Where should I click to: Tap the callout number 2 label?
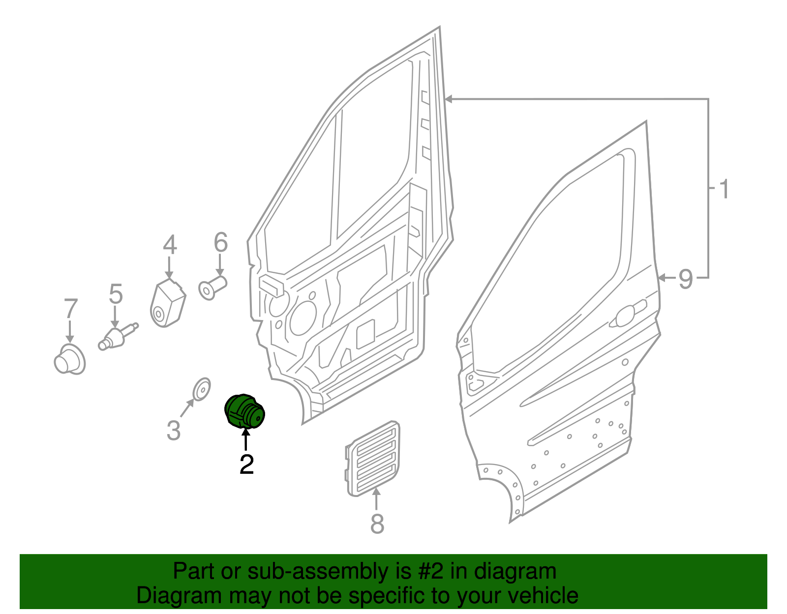(246, 465)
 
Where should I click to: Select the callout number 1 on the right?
(723, 189)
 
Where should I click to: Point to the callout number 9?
(686, 279)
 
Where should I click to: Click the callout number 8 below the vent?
(377, 524)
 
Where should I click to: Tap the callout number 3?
(174, 430)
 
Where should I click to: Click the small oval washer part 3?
(201, 389)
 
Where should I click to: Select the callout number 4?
(170, 245)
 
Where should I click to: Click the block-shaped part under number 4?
(167, 303)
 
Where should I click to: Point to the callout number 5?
(116, 294)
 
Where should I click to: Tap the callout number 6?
(221, 242)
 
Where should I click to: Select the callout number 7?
(71, 309)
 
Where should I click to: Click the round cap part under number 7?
(69, 359)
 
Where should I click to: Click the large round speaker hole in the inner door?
(303, 318)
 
